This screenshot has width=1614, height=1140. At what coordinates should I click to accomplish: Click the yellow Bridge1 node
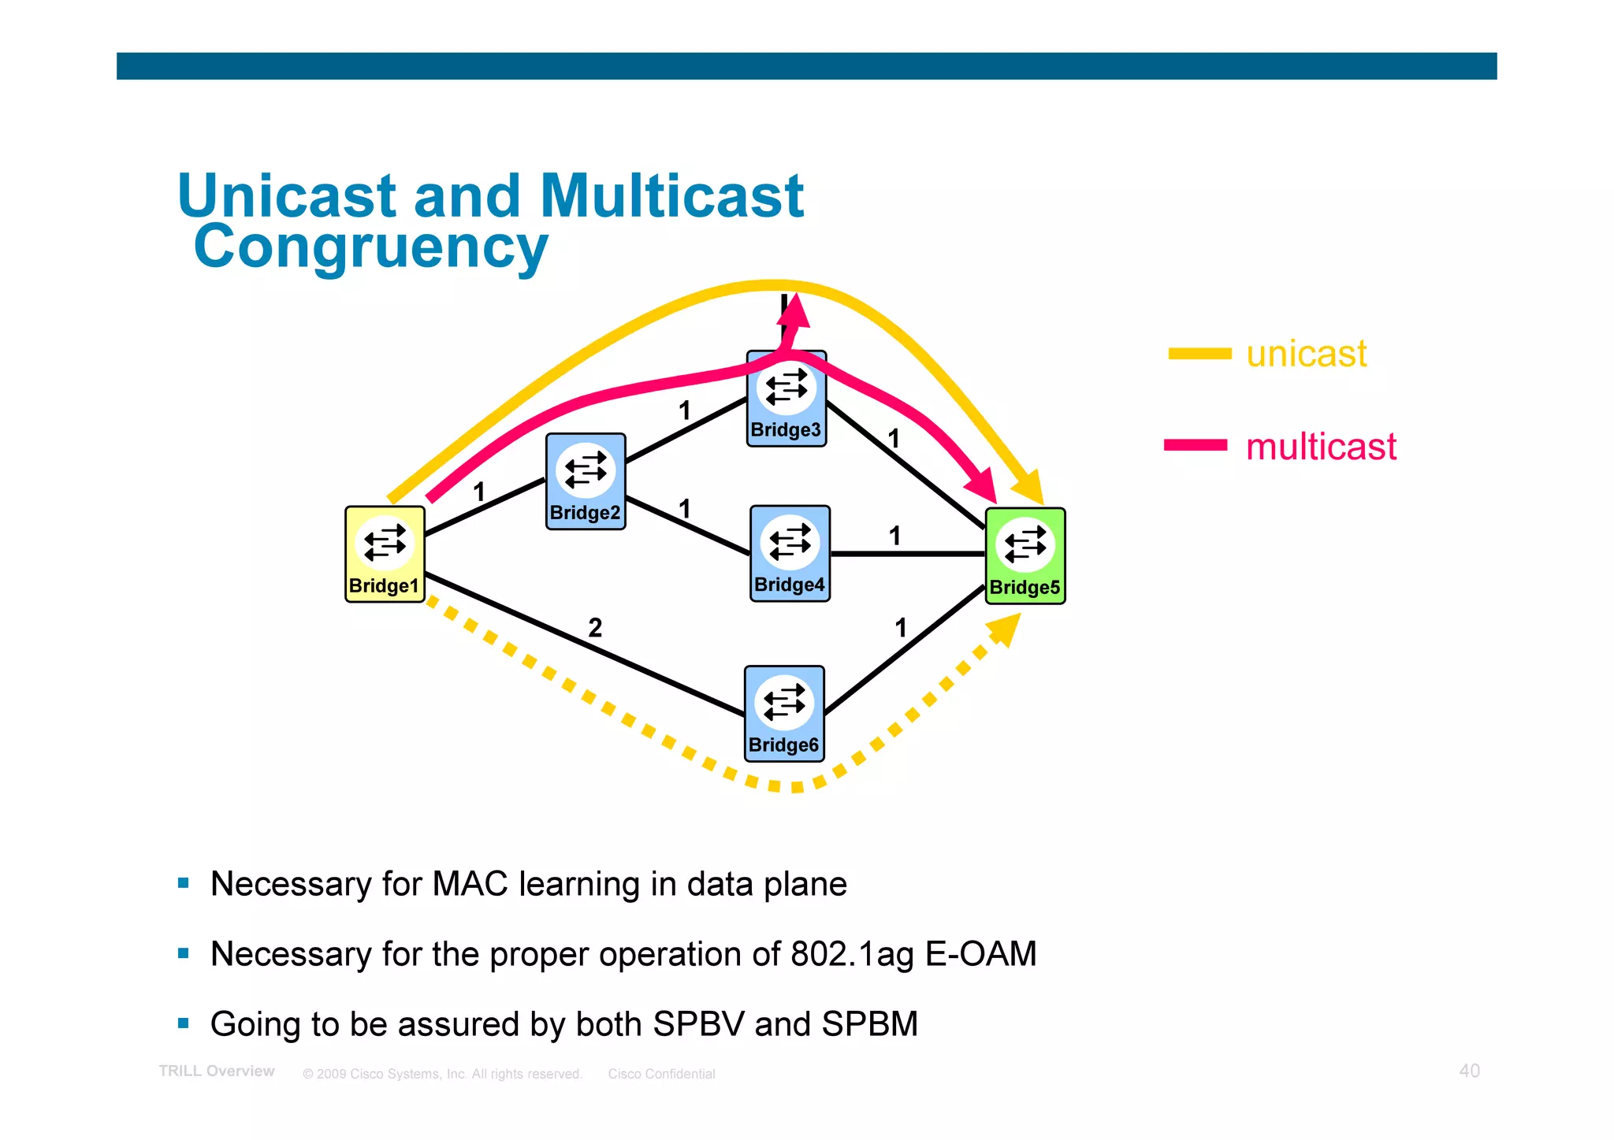point(385,554)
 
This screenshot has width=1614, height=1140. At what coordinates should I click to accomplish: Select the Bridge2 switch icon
point(586,481)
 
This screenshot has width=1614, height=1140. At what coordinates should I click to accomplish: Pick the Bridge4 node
point(790,553)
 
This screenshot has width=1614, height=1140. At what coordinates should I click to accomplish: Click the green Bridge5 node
point(1025,555)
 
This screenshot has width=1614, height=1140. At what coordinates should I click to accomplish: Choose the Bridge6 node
point(784,713)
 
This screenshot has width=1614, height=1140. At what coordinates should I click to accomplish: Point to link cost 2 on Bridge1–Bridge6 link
point(595,628)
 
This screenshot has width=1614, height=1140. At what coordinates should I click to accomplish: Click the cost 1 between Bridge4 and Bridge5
point(894,537)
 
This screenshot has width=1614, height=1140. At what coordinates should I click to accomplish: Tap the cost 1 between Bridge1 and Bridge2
point(478,492)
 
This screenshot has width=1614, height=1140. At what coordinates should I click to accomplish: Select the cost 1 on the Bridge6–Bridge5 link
point(901,628)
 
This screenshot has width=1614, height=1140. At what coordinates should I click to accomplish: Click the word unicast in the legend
point(1306,354)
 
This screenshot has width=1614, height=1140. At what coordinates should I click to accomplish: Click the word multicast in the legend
point(1321,447)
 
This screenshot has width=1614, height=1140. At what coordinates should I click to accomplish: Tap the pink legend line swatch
point(1196,445)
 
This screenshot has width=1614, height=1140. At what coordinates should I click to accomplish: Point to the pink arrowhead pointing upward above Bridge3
point(794,310)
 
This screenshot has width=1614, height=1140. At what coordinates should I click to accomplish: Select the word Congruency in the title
point(370,247)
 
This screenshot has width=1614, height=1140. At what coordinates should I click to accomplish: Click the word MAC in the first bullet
point(470,884)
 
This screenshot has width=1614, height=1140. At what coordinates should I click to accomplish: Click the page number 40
point(1469,1071)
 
